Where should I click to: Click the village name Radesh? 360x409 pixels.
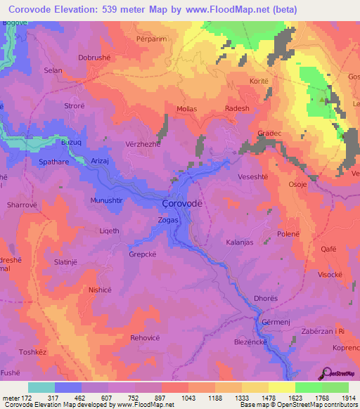(237, 109)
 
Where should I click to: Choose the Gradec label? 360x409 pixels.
(270, 133)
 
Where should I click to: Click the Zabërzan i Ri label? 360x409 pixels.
(321, 330)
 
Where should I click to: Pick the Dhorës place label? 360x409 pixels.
(266, 298)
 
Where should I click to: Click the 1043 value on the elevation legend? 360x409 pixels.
(190, 398)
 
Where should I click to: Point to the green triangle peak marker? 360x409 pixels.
(322, 100)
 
